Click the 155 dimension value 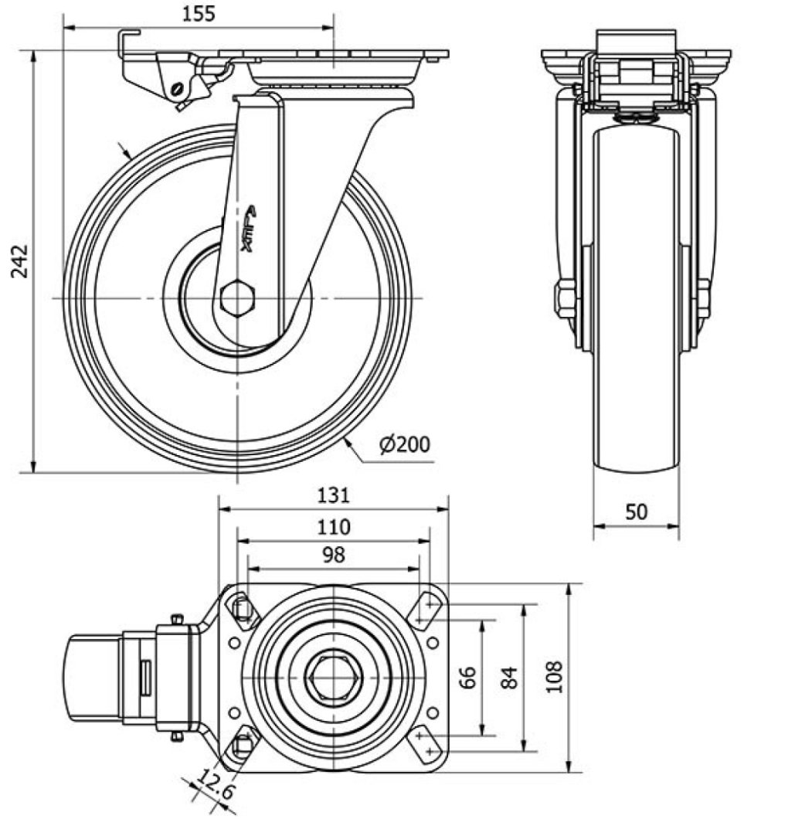[x=199, y=13]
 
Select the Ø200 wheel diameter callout [x=405, y=444]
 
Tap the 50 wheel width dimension [x=636, y=511]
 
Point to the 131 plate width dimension [x=333, y=494]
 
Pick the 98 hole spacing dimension [x=333, y=554]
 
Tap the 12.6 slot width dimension [x=210, y=789]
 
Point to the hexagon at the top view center [x=333, y=678]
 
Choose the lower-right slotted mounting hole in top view [x=425, y=746]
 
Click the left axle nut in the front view [x=564, y=298]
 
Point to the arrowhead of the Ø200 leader [x=347, y=438]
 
